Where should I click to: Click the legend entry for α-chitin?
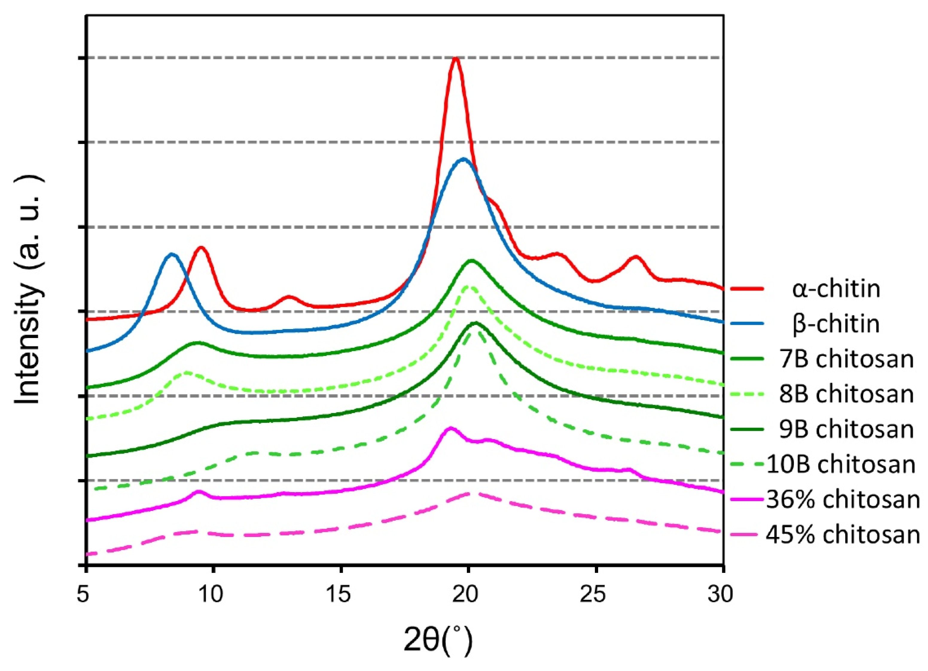coord(836,289)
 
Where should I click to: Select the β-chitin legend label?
coord(836,324)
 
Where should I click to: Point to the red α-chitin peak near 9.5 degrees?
coord(200,248)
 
